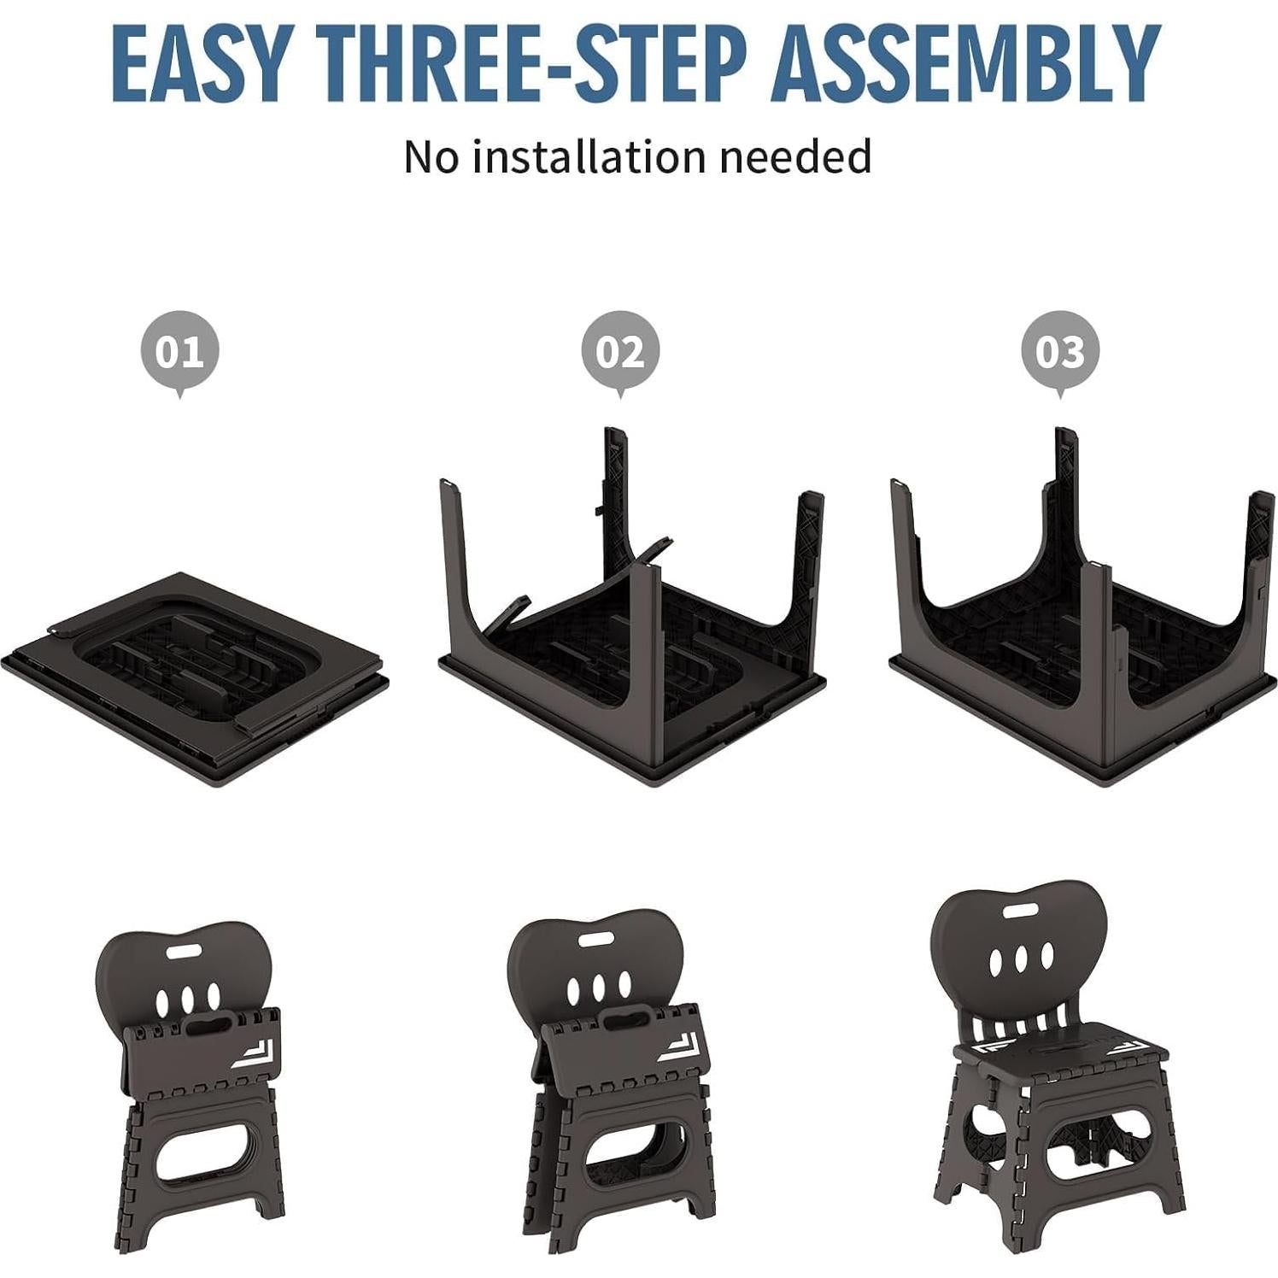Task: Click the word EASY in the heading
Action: tap(198, 65)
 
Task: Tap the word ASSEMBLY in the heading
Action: tap(965, 65)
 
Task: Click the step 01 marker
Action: tap(179, 351)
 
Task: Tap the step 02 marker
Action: tap(620, 351)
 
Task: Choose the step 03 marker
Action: tap(1060, 351)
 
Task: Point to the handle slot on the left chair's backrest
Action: tap(181, 951)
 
